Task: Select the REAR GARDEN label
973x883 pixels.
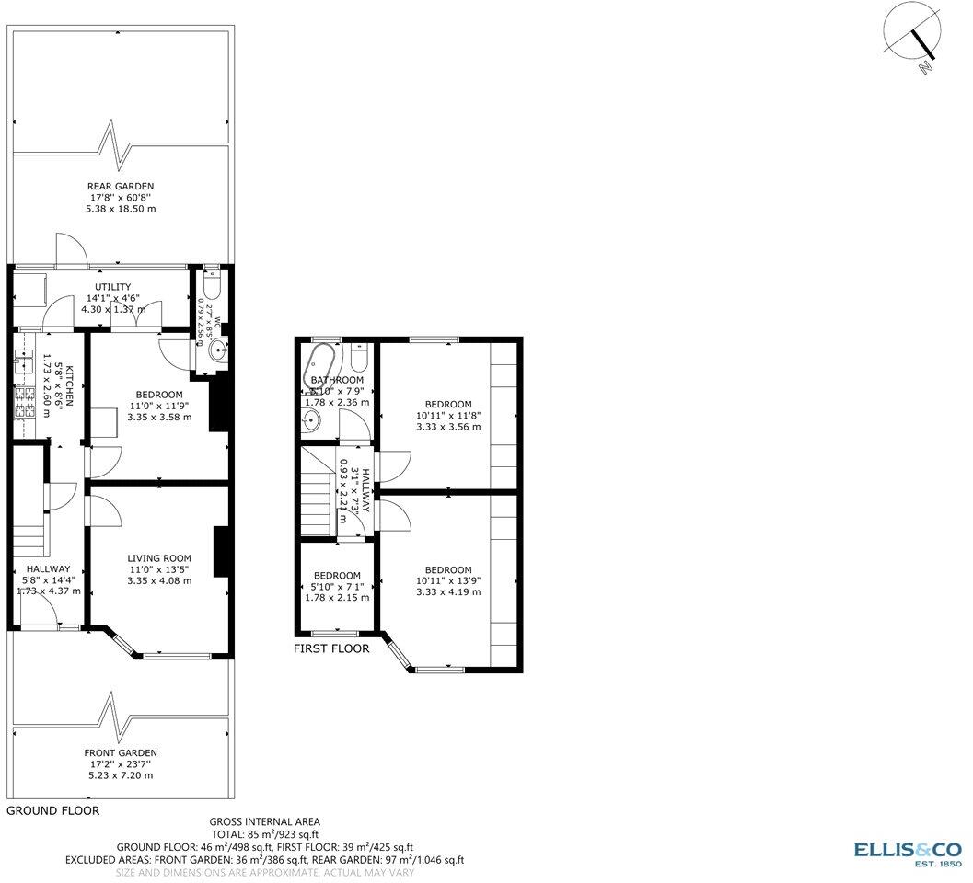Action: [121, 186]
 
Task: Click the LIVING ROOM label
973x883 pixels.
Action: [159, 557]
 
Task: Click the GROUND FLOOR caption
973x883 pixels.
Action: [52, 811]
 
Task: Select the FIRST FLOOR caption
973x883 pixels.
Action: [331, 648]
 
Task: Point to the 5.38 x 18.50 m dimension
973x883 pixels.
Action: [121, 209]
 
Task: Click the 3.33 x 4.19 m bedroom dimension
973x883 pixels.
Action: [448, 591]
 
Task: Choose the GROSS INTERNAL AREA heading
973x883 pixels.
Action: [265, 821]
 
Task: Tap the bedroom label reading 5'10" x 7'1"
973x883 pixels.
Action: [337, 586]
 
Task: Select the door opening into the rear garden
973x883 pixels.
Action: [69, 250]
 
